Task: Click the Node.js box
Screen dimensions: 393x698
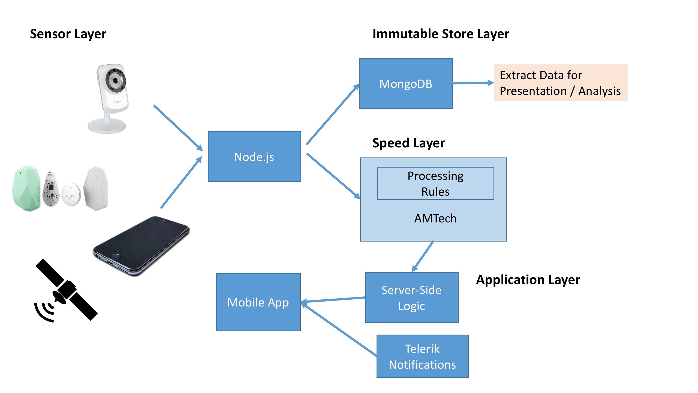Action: point(254,157)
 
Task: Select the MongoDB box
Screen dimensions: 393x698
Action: point(406,84)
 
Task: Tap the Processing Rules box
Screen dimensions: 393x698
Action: point(435,183)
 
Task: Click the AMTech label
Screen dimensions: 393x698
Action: point(435,218)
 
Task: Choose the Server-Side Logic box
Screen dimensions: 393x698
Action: point(411,298)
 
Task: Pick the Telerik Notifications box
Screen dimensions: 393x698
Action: point(422,356)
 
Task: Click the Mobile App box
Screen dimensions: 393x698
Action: point(258,302)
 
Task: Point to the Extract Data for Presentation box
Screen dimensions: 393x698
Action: point(561,83)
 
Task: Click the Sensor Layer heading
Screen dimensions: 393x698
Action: point(68,34)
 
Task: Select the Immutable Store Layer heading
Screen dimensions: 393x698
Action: point(441,34)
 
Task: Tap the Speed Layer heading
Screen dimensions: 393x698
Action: point(408,143)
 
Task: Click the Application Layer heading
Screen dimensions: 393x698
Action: point(528,279)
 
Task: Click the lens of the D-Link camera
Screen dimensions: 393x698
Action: point(115,81)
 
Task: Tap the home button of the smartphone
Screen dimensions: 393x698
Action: point(116,257)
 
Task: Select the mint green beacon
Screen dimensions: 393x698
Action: point(26,188)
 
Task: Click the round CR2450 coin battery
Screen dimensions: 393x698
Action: point(71,194)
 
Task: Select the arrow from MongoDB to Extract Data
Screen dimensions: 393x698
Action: point(473,83)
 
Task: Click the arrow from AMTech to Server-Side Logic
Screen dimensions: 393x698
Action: point(423,256)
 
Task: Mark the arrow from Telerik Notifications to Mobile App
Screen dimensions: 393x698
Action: point(339,330)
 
